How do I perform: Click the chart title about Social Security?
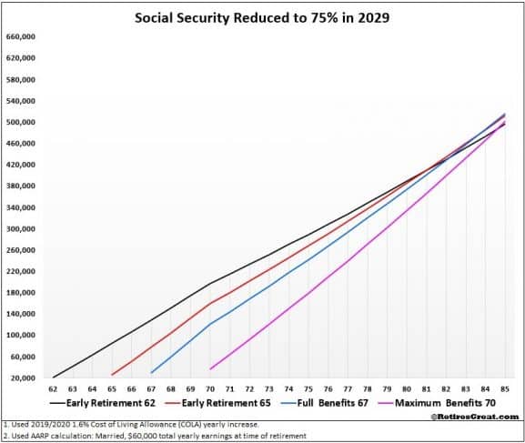tap(262, 17)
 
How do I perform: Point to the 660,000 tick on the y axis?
tap(19, 37)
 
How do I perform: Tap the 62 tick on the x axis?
tap(53, 388)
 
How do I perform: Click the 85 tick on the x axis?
tap(505, 388)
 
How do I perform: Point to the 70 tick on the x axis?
tap(210, 388)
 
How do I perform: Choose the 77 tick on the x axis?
tap(348, 388)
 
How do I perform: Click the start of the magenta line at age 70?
tap(211, 368)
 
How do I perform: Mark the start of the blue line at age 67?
tap(151, 372)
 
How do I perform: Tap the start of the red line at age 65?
tap(112, 374)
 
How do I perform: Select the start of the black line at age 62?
tap(53, 377)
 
